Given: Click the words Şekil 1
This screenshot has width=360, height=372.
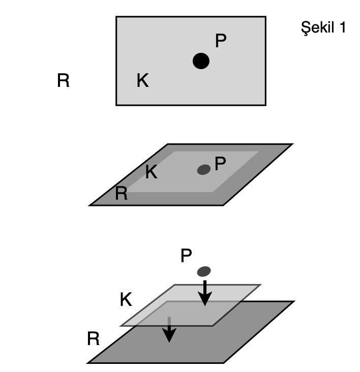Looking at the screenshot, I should pyautogui.click(x=323, y=27).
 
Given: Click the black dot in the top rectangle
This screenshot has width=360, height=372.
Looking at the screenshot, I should pyautogui.click(x=201, y=61).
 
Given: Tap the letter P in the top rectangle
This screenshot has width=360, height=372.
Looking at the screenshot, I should pyautogui.click(x=220, y=41).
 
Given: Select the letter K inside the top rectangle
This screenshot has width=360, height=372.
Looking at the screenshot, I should pyautogui.click(x=143, y=80).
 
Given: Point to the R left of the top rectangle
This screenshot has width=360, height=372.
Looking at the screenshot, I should pyautogui.click(x=63, y=81).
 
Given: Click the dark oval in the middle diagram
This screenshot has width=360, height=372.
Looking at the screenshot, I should pyautogui.click(x=204, y=169).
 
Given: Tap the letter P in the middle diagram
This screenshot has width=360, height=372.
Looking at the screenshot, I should pyautogui.click(x=220, y=164).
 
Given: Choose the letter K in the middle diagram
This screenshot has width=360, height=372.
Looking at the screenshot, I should pyautogui.click(x=151, y=172).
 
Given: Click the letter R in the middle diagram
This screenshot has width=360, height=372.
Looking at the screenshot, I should pyautogui.click(x=121, y=194).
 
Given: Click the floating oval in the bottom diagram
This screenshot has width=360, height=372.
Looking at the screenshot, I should pyautogui.click(x=204, y=271).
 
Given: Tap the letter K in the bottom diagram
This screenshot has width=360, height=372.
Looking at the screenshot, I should pyautogui.click(x=126, y=300).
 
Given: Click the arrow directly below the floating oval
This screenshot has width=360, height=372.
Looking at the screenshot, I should pyautogui.click(x=204, y=293).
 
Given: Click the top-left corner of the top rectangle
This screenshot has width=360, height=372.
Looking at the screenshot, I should pyautogui.click(x=116, y=17).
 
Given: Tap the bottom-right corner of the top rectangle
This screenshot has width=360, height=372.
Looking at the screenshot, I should pyautogui.click(x=266, y=105).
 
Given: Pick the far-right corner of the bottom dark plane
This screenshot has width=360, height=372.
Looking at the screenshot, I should pyautogui.click(x=293, y=302).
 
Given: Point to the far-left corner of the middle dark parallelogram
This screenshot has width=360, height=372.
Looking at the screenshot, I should pyautogui.click(x=91, y=205).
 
